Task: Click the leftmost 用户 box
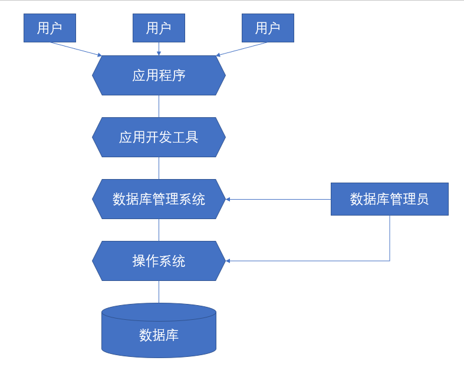click(x=50, y=28)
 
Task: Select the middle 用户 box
click(x=159, y=28)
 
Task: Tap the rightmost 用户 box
click(x=268, y=28)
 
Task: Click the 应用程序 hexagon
click(x=159, y=75)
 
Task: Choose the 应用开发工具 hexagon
click(x=159, y=137)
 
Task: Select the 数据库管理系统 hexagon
click(x=159, y=199)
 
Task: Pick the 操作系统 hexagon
click(x=159, y=261)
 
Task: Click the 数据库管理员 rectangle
click(x=389, y=199)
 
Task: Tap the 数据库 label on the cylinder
click(x=159, y=335)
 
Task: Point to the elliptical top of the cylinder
click(x=159, y=311)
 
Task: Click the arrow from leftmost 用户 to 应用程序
click(x=75, y=49)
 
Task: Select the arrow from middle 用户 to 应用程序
click(x=159, y=48)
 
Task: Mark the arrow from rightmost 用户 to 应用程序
click(x=242, y=49)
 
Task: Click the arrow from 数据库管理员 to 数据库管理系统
click(x=277, y=199)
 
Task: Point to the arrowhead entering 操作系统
click(x=229, y=261)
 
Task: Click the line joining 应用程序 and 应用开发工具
click(x=159, y=106)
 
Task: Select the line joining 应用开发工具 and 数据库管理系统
click(x=159, y=168)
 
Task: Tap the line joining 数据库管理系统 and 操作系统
click(x=159, y=230)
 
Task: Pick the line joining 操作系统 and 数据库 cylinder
click(x=159, y=292)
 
